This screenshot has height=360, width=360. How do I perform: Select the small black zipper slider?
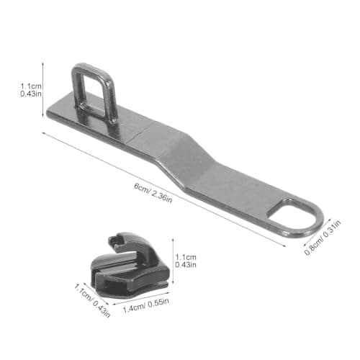(x=130, y=265)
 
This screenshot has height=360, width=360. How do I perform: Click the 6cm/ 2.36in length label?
(x=153, y=193)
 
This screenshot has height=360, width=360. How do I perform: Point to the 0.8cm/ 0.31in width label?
(x=323, y=238)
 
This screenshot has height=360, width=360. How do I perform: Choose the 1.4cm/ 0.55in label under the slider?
(x=146, y=305)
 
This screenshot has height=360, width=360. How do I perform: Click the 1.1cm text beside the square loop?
(x=31, y=86)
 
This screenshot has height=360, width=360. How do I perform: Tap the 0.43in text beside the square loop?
(x=31, y=94)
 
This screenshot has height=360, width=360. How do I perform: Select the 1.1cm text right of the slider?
(x=186, y=257)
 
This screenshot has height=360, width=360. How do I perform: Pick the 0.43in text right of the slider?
(x=186, y=265)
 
